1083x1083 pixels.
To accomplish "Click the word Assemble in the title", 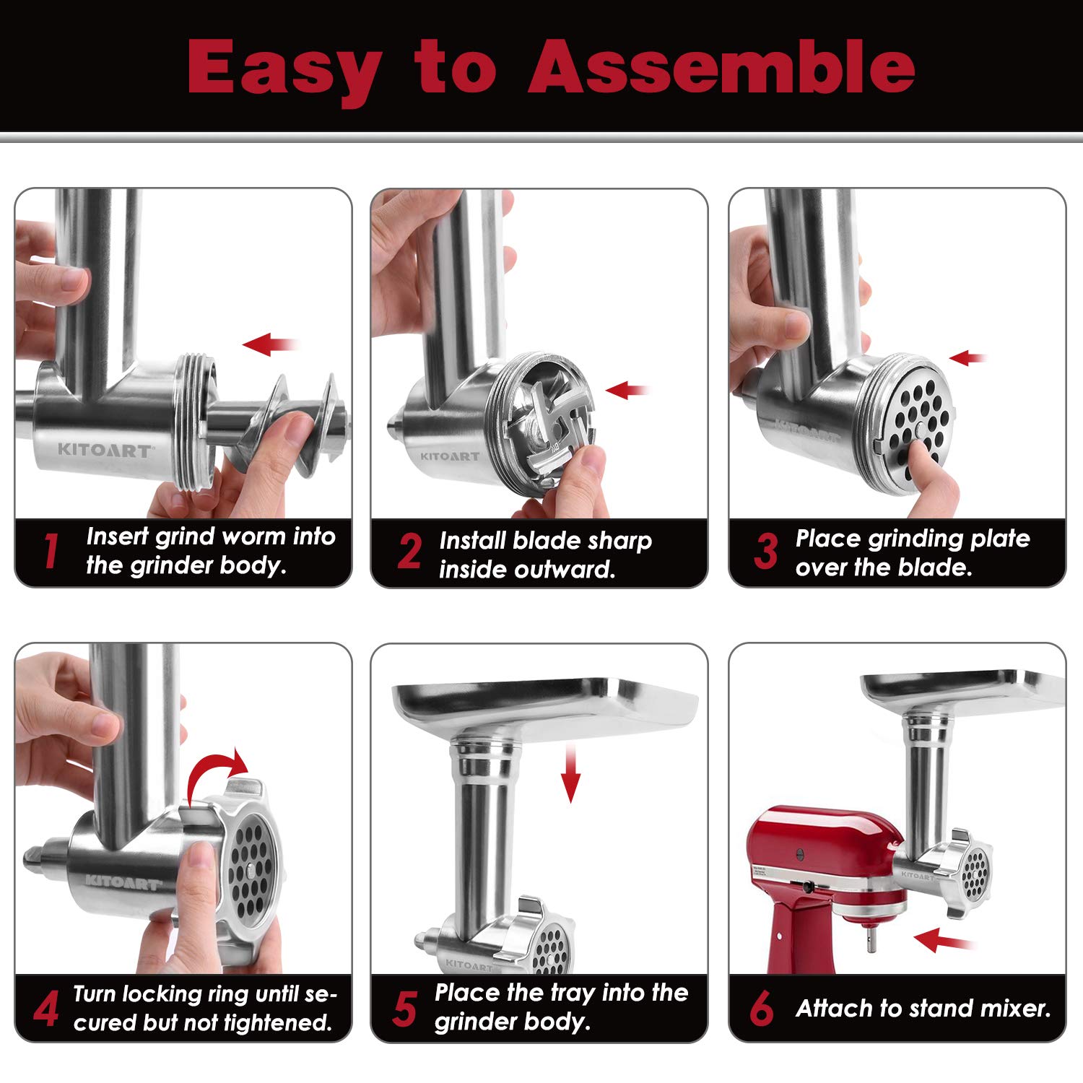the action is point(722,66).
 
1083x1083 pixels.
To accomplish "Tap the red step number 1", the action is point(50,552).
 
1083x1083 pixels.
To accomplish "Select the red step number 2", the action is point(409,552).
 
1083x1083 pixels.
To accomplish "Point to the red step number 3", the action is point(766,552).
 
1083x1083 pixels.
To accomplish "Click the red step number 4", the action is point(46,1009).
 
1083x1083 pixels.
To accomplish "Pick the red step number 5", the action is point(405,1009).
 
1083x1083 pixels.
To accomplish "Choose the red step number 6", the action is point(762,1009).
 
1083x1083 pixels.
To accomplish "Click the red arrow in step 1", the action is point(270,344).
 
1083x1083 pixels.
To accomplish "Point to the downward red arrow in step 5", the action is point(571,775).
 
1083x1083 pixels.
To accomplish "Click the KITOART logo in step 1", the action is point(105,451).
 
